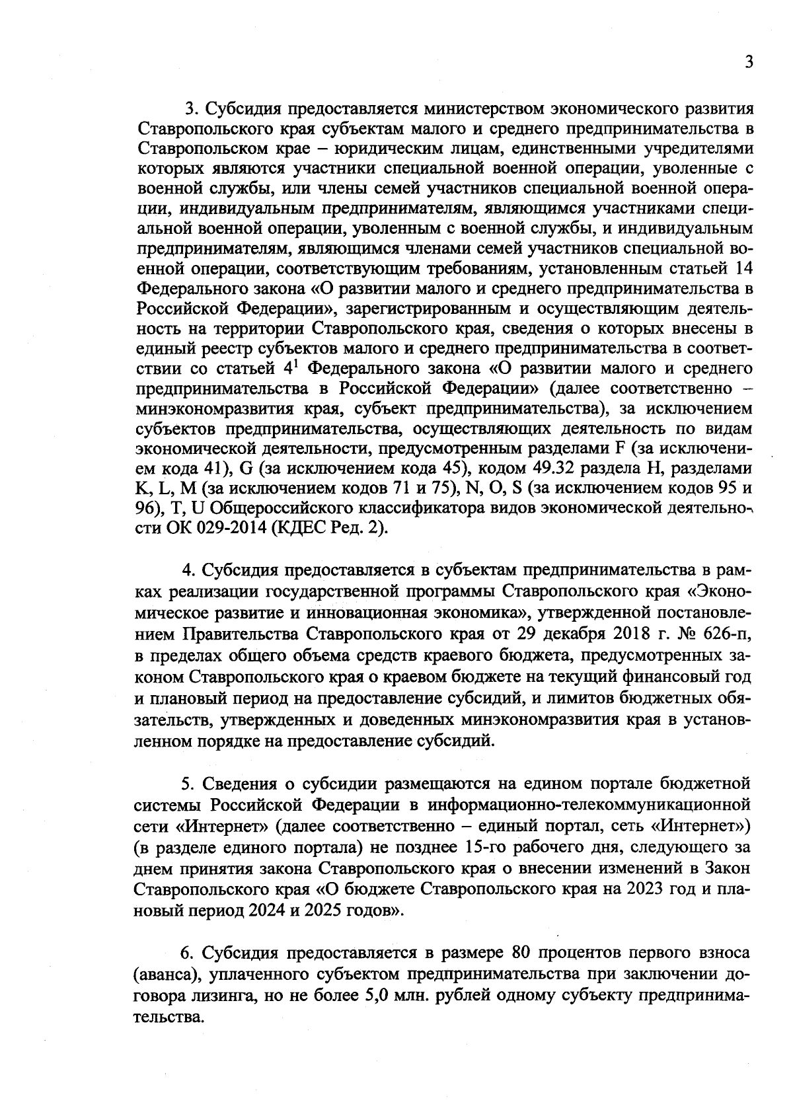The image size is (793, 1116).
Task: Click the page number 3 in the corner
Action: pyautogui.click(x=748, y=63)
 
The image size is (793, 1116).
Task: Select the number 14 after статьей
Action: pyautogui.click(x=742, y=269)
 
